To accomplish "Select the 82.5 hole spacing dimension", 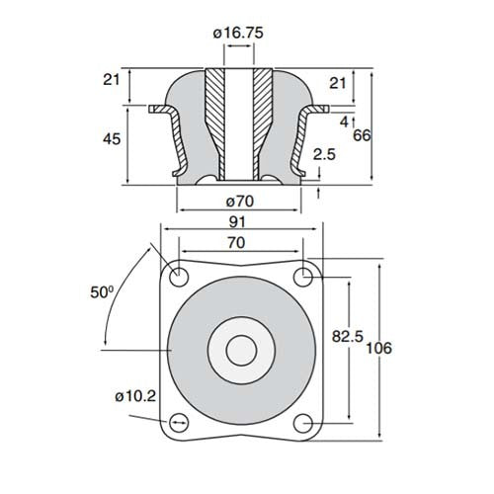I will click(x=344, y=337).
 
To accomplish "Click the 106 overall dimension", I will click(x=379, y=348).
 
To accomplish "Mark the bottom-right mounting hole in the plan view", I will click(x=305, y=422).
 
